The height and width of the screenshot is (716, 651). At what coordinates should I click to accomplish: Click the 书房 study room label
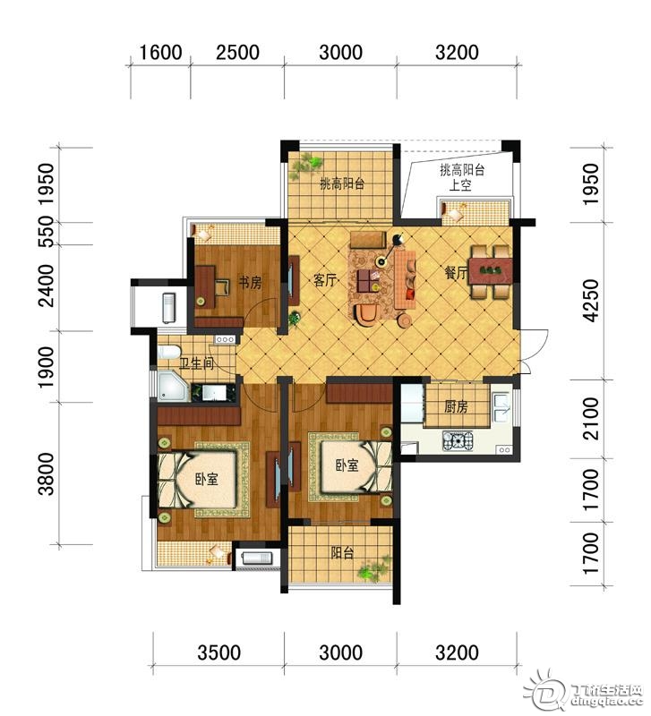coord(250,283)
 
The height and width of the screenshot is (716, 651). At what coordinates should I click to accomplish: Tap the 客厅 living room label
coord(325,280)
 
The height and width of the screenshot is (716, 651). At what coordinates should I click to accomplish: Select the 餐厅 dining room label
coord(457,273)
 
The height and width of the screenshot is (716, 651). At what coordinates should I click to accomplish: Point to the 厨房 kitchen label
coord(456,406)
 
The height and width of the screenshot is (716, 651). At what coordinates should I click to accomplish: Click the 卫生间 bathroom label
coord(196,363)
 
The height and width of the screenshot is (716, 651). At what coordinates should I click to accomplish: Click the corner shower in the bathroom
coord(173,387)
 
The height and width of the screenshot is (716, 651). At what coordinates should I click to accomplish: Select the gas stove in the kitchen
coord(458,440)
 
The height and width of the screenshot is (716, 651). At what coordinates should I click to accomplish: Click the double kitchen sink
coord(501,408)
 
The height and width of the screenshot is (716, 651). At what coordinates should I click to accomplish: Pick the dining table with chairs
coord(491,272)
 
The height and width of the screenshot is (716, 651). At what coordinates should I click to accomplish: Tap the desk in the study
coord(206,286)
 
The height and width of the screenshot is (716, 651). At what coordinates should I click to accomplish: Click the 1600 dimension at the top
coord(160,53)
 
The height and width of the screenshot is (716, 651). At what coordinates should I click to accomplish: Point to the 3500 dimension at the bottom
coord(218,652)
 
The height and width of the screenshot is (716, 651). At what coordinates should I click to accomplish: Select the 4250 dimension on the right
coord(591,301)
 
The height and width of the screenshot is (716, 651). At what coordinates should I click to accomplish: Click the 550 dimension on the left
coord(47,232)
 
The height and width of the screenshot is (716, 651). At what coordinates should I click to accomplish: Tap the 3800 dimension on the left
coord(47,474)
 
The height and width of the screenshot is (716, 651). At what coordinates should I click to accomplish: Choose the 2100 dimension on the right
coord(591,419)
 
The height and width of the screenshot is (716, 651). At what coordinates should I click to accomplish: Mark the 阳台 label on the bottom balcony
coord(342,553)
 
